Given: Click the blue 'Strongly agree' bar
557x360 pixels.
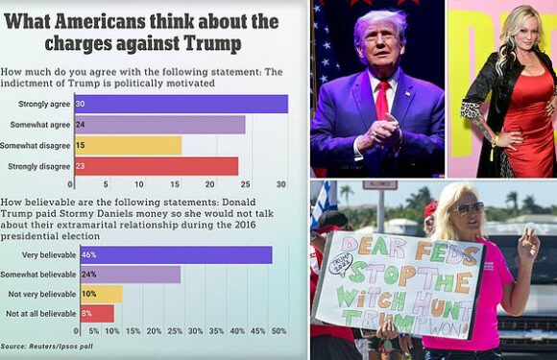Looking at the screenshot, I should coord(179,104).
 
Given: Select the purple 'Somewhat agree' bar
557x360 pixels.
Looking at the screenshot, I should coord(157,125).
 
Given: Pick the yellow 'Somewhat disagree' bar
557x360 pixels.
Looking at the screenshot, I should coord(125,145).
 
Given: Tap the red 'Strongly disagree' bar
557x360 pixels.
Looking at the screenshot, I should coord(154,166).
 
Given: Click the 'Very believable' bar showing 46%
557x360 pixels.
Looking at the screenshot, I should coord(171,254).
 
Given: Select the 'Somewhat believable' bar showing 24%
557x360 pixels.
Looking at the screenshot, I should coord(125,275).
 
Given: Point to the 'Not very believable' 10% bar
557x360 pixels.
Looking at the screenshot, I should coord(96,294).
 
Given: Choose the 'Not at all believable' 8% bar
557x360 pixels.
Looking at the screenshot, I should coord(92,313).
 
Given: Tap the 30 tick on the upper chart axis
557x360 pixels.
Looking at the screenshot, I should coord(281,183).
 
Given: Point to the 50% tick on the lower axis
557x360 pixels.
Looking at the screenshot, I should coord(278,330).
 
